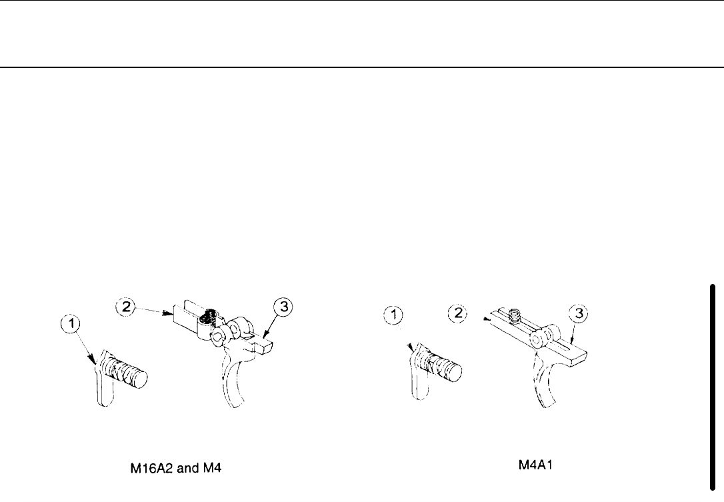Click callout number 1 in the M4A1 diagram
393,313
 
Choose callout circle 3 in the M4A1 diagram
578,313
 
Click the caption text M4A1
538,465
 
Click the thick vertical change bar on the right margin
713,381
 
